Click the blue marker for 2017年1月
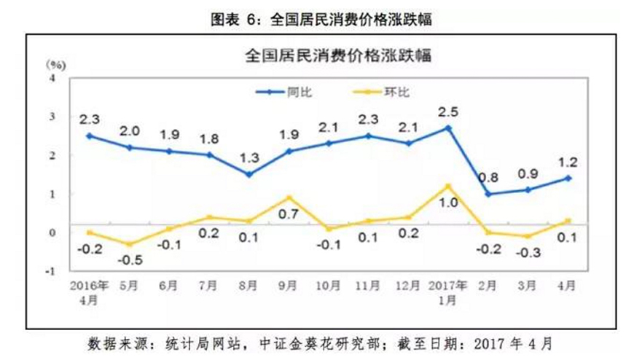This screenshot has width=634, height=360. pos(447,128)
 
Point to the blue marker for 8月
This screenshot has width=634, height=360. pos(248,174)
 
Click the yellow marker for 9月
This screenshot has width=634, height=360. pos(289,197)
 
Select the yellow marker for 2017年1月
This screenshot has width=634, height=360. pos(447,186)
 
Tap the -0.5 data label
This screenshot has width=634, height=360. pos(128,260)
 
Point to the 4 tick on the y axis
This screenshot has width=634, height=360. pos(52,77)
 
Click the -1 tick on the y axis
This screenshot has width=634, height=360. pos(50,271)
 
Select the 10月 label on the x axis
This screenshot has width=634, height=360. pos(328,286)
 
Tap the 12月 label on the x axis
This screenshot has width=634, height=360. pos(407,286)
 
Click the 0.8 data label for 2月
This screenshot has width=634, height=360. pos(488,176)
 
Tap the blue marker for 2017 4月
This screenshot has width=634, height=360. pos(567,178)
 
